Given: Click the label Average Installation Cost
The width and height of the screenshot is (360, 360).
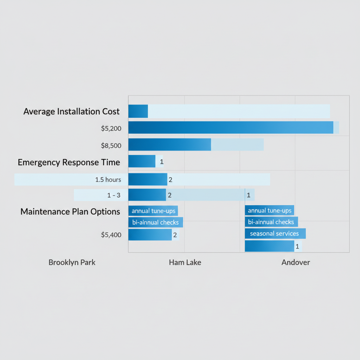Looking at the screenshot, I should [x=71, y=112].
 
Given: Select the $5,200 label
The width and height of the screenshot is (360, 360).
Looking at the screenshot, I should [x=111, y=129].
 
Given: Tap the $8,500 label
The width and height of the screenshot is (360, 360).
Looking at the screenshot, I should [x=111, y=145].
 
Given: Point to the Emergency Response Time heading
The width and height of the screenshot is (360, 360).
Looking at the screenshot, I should [x=69, y=162].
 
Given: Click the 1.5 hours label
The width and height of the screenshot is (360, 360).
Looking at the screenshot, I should [x=108, y=180].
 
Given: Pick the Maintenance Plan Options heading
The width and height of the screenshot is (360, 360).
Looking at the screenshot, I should [x=70, y=212].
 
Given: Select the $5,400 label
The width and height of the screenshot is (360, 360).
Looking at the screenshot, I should [x=111, y=235].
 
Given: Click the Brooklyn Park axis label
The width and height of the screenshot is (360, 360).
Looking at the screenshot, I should [x=72, y=263].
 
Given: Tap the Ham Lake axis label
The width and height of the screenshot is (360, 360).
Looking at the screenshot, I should [x=185, y=263].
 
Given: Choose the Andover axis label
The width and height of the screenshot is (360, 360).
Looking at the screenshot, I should [x=296, y=263].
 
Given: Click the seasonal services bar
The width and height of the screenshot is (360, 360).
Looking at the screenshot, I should [x=275, y=233].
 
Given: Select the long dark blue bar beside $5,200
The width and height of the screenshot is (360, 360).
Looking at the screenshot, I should [x=230, y=127].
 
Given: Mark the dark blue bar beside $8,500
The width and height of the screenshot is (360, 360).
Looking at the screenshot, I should [x=169, y=144].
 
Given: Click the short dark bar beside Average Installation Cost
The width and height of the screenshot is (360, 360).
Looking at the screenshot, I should [x=138, y=111].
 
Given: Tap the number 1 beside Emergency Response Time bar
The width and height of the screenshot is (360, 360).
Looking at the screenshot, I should [x=161, y=162].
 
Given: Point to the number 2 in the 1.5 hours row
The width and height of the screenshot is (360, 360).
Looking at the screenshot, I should [x=170, y=180].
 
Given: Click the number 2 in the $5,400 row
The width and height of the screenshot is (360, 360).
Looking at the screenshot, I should [x=175, y=235].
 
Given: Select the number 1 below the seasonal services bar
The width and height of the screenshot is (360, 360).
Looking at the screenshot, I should [x=297, y=247].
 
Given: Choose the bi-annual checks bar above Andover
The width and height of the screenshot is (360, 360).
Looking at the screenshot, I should [x=271, y=222].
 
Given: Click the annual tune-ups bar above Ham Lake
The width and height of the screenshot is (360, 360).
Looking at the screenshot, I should [x=153, y=211].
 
